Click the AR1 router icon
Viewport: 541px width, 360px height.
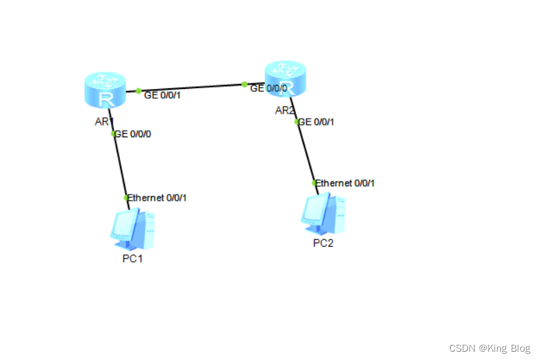click(105, 90)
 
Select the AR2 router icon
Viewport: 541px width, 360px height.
click(284, 78)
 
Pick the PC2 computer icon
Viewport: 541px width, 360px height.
click(322, 214)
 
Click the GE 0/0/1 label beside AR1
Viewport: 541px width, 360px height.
click(162, 95)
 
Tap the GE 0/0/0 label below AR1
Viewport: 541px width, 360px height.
click(134, 134)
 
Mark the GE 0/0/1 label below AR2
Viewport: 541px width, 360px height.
click(317, 122)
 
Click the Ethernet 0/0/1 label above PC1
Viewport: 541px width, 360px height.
click(158, 198)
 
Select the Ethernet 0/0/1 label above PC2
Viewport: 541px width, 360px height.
click(346, 183)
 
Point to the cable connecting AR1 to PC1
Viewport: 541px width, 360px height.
click(121, 166)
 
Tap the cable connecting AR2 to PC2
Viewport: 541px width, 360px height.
click(306, 152)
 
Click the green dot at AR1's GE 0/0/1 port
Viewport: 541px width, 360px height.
click(139, 90)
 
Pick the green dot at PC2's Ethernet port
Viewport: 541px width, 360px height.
click(314, 183)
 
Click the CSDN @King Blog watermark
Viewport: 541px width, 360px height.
click(489, 349)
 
